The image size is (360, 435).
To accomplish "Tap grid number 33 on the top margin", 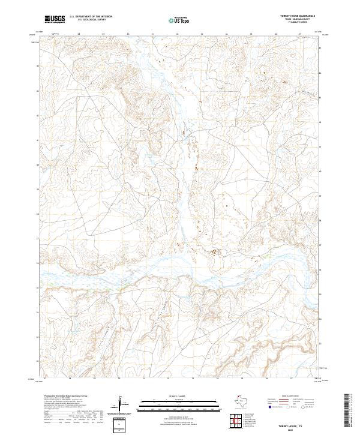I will coord(202,35).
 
